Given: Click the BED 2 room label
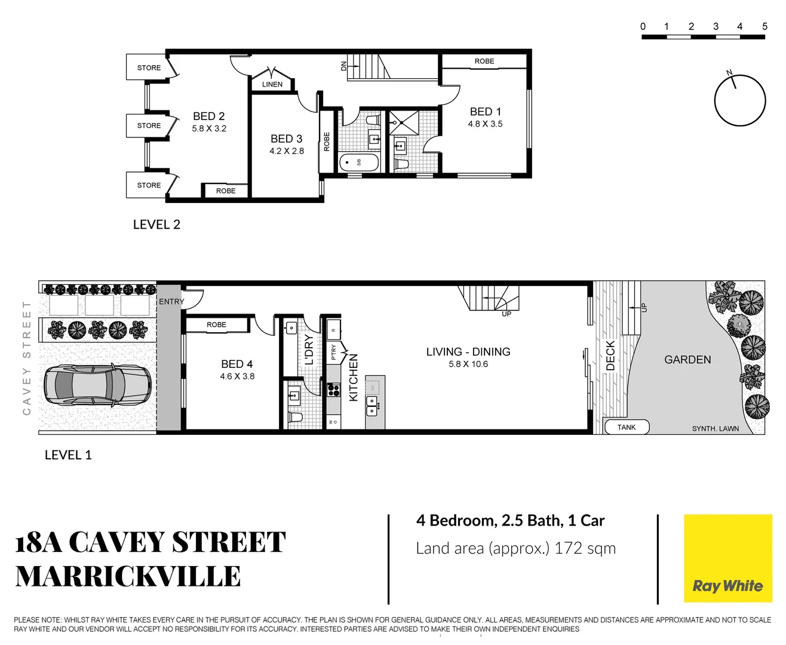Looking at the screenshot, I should click(x=208, y=116).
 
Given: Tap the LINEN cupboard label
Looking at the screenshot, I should click(x=272, y=84).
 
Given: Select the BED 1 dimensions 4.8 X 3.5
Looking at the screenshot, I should click(x=485, y=124).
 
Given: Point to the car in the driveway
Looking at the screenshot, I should click(x=97, y=386).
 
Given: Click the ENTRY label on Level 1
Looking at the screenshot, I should click(x=171, y=302).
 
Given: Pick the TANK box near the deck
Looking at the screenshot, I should click(x=627, y=427).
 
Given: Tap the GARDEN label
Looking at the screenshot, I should click(x=687, y=360).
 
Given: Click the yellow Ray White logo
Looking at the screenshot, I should click(x=727, y=558).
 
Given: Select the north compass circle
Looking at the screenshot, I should click(x=740, y=100).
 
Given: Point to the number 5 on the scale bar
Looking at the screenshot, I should click(x=764, y=26).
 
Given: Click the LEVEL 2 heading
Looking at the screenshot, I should click(x=156, y=225).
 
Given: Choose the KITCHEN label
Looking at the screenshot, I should click(x=353, y=377).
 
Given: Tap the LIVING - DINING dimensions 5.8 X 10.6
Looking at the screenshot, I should click(x=468, y=364).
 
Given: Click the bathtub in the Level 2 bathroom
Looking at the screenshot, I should click(x=359, y=162).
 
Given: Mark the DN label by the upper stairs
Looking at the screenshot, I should click(x=343, y=66).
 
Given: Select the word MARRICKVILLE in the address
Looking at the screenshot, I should click(x=128, y=577).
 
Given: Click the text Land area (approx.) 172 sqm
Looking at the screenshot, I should click(x=515, y=548).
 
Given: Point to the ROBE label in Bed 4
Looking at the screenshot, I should click(x=216, y=325).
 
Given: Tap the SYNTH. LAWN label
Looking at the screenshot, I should click(x=715, y=429).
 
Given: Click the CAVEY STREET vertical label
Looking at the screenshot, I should click(x=26, y=358).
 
